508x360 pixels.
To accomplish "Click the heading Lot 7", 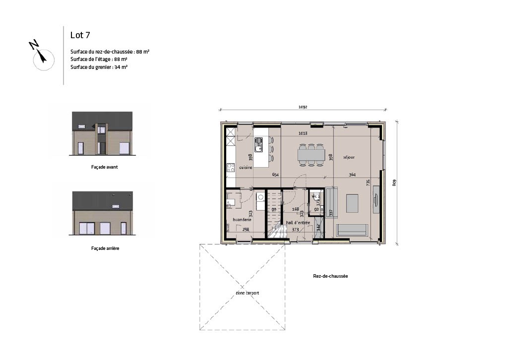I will point(80,35).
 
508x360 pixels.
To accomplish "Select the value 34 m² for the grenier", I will point(121,66).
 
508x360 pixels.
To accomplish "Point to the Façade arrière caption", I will point(105,248).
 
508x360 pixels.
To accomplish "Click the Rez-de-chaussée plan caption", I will point(330,276).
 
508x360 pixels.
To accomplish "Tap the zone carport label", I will point(247,293).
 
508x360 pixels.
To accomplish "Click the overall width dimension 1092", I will point(303,107).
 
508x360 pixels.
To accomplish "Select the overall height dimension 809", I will point(395,182).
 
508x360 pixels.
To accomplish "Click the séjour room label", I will point(349,158).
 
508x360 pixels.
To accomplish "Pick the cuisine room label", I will point(246,168).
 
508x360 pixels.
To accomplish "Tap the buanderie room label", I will point(235,220).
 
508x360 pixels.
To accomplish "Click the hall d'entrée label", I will point(298,223).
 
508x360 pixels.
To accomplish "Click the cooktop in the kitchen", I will point(231,168).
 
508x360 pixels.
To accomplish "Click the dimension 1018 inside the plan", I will point(303,133).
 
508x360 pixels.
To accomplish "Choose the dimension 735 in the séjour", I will point(368,182).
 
